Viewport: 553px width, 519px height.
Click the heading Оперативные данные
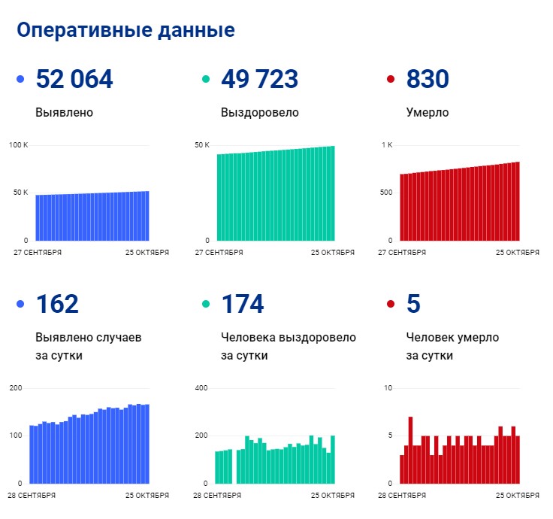click(125, 30)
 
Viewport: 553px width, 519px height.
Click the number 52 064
click(74, 79)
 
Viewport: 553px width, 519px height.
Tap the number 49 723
click(259, 79)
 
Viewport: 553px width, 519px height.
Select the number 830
click(428, 79)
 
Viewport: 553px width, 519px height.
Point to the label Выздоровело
click(259, 113)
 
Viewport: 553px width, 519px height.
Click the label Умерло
click(428, 113)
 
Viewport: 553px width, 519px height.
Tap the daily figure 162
click(57, 304)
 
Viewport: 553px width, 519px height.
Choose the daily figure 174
click(243, 304)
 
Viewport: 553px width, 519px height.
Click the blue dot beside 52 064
click(20, 79)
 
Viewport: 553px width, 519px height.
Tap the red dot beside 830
click(391, 79)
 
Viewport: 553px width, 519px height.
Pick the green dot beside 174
click(206, 304)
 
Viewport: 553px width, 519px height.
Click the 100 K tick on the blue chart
click(18, 144)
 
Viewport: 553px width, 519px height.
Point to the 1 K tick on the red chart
click(387, 144)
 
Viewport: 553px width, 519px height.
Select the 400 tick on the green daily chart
click(201, 388)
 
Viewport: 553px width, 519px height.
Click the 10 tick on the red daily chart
click(388, 388)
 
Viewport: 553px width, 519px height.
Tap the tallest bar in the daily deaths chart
click(410, 450)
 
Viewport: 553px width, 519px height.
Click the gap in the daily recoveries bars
click(234, 466)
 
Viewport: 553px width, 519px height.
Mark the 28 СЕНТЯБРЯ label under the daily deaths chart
click(402, 496)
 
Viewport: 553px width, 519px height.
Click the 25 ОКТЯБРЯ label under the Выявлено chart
click(147, 253)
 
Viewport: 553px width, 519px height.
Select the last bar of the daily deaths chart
click(518, 460)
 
